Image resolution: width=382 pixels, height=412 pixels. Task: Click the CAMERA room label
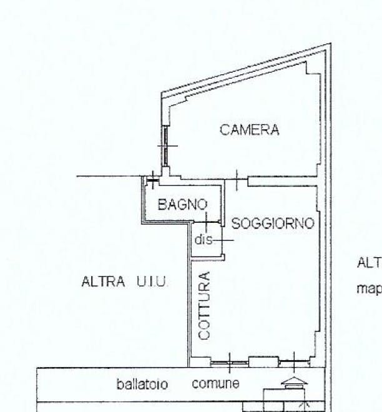tap(249, 130)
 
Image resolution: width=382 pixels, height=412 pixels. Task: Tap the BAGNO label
tap(182, 204)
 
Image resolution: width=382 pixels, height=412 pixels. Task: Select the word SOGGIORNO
tap(272, 223)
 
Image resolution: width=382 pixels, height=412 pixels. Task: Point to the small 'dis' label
tap(204, 240)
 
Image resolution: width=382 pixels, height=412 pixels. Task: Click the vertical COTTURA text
tap(205, 305)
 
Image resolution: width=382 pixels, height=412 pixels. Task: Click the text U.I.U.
tap(152, 282)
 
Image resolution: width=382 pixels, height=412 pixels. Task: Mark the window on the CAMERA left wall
tap(165, 146)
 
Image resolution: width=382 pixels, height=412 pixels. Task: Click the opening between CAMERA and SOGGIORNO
tap(237, 180)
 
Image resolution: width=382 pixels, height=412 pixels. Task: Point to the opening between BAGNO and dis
tap(207, 221)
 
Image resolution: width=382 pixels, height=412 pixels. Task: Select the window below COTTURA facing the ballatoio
tap(228, 361)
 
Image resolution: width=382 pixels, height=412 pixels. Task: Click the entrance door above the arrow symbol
tap(294, 361)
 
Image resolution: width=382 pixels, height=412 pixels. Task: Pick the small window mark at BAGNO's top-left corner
tap(152, 181)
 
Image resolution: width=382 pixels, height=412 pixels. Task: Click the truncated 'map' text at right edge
tap(369, 288)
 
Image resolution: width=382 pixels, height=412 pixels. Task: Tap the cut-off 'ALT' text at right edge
tap(369, 263)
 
